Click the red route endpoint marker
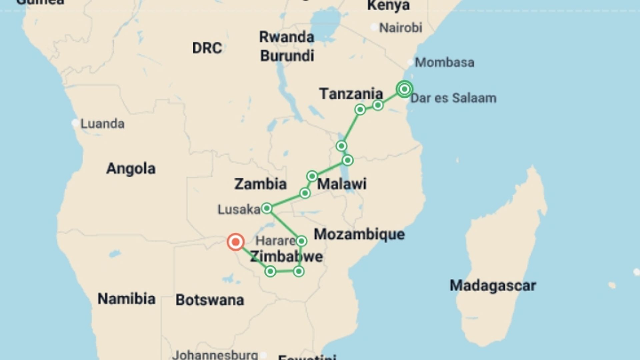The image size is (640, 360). [x=236, y=242]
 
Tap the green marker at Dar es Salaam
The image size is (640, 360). [x=404, y=89]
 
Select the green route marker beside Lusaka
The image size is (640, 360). [x=267, y=209]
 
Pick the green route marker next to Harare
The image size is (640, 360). [x=301, y=241]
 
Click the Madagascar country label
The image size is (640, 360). [x=493, y=286]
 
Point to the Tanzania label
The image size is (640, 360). [x=351, y=94]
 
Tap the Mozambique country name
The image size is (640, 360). [x=359, y=234]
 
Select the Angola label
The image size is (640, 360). [x=131, y=169]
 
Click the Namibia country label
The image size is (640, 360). [x=126, y=299]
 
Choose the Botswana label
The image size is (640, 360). [x=210, y=300]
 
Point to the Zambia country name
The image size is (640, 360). [x=260, y=184]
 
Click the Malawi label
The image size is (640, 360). [x=342, y=184]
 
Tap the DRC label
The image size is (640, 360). [x=207, y=48]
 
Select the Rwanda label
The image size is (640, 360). [x=287, y=37]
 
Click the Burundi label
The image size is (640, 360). [x=287, y=56]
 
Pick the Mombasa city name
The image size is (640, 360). [x=444, y=63]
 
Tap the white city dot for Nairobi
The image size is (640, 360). [x=374, y=27]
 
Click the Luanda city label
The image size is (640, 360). [x=102, y=124]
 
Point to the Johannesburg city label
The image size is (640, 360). [x=215, y=355]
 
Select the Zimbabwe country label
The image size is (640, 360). [x=286, y=257]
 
